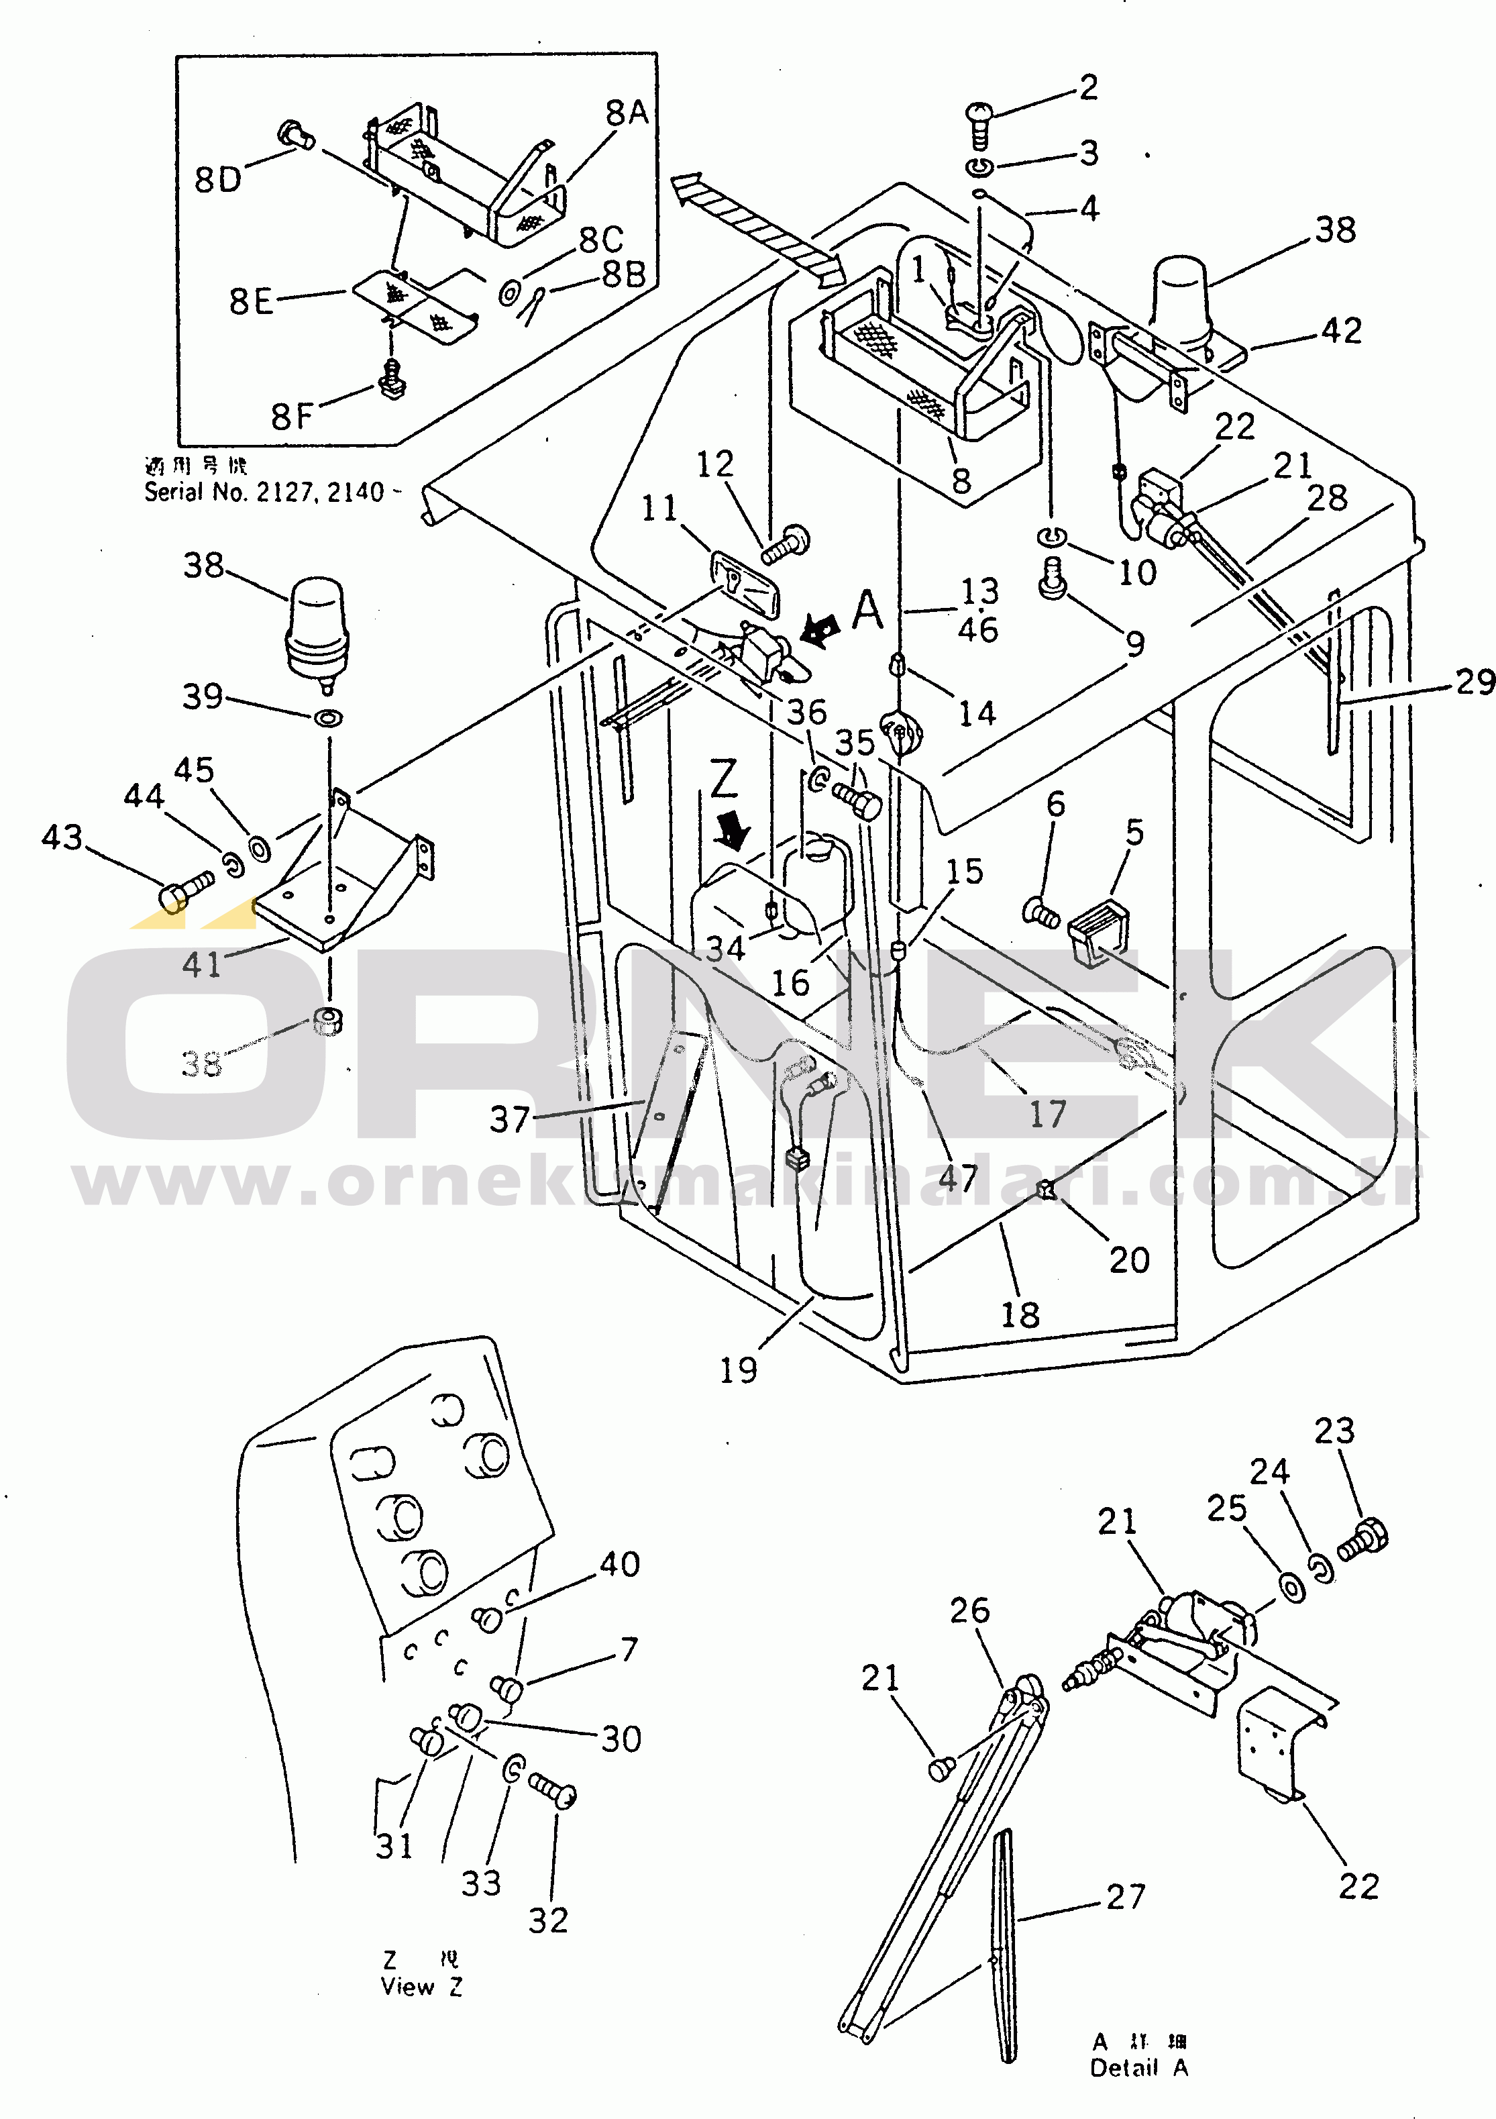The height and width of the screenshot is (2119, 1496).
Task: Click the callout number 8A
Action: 627,113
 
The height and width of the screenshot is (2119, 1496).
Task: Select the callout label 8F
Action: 292,416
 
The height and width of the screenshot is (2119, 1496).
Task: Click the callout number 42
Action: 1341,330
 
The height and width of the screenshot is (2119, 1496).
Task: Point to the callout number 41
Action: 201,964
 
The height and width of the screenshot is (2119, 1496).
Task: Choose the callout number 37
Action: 509,1119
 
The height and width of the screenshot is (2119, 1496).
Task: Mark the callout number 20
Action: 1128,1259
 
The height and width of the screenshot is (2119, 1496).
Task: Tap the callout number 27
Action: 1126,1897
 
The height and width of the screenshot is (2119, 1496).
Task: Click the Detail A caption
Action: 1139,2068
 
